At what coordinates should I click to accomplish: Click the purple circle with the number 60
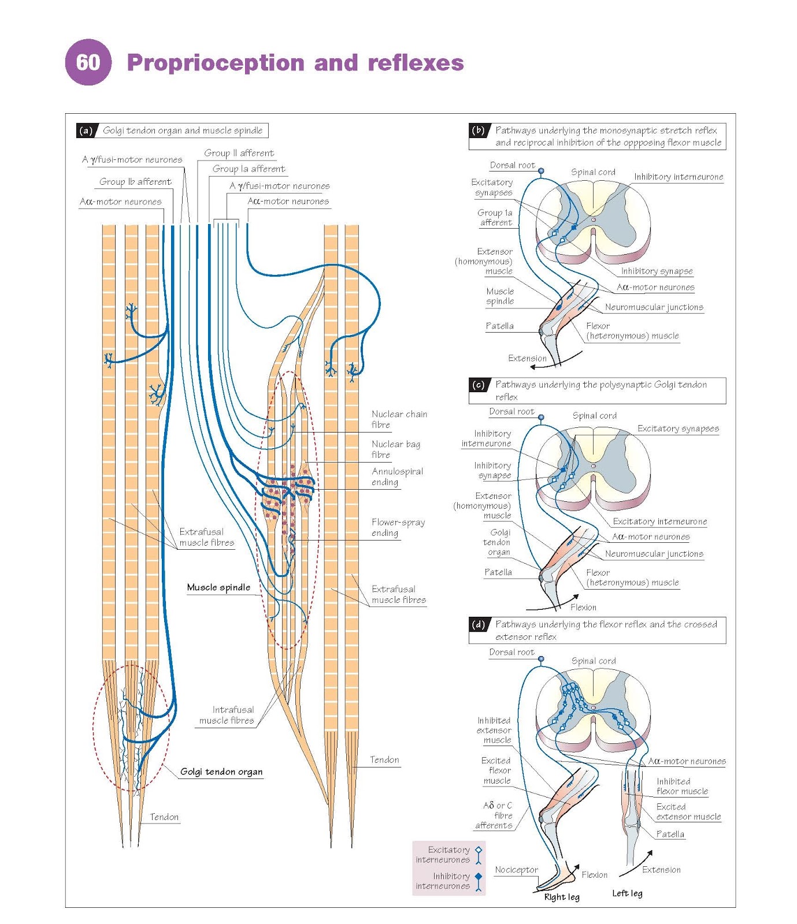pos(88,62)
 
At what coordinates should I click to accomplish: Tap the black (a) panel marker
pos(86,131)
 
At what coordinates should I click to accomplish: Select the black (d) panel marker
pos(478,624)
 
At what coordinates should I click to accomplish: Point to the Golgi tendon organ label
pos(221,772)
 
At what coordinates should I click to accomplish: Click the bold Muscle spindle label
pos(218,587)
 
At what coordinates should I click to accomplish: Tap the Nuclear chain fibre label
pos(399,419)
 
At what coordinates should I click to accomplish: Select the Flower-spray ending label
pos(398,527)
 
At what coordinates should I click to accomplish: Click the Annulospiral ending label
pos(396,476)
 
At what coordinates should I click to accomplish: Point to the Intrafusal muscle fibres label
pos(227,715)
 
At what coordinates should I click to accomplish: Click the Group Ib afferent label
pos(135,181)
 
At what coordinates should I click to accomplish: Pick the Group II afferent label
pos(239,153)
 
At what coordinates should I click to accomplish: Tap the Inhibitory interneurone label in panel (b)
pos(678,177)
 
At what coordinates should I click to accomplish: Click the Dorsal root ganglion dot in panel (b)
pos(541,171)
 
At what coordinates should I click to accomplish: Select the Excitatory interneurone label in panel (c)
pos(659,521)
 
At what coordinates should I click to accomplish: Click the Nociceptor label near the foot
pos(516,870)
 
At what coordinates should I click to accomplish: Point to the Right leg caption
pos(561,897)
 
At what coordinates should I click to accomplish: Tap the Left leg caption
pos(627,893)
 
